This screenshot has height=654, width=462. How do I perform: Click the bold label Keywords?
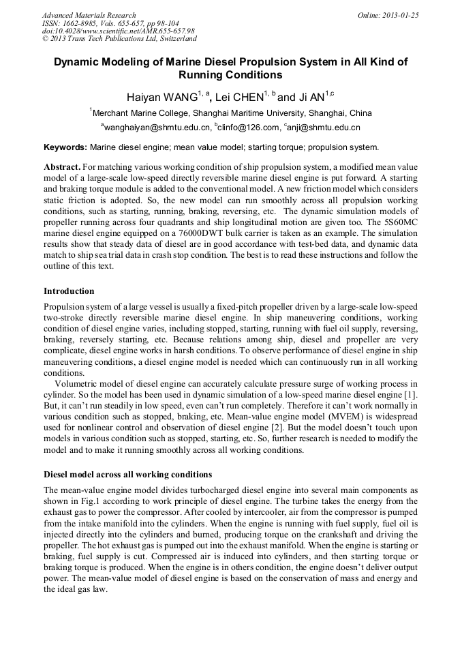[x=65, y=147]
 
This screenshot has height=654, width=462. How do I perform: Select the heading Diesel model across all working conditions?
[x=127, y=474]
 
